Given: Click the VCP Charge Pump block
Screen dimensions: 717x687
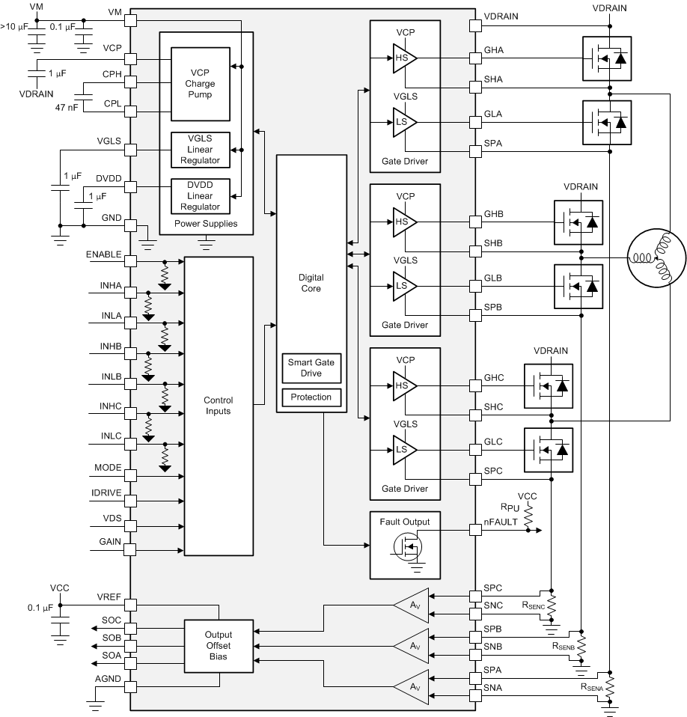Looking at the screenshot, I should pos(200,84).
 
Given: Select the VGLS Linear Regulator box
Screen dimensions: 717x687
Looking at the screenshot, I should pos(200,150).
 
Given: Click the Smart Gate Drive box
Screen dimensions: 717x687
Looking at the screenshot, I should pos(311,368).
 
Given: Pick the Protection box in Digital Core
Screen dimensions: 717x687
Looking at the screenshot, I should pos(311,397).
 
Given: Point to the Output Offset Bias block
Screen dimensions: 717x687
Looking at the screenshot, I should pos(219,644).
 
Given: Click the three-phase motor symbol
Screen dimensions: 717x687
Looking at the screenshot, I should pos(656,260).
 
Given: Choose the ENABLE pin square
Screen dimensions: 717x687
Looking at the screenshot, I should pos(131,261).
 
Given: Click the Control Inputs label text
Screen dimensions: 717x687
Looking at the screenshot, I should pos(219,406).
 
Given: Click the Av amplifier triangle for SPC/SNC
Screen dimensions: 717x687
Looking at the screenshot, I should pos(411,604).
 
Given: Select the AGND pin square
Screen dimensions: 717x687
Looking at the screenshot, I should pos(131,687).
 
